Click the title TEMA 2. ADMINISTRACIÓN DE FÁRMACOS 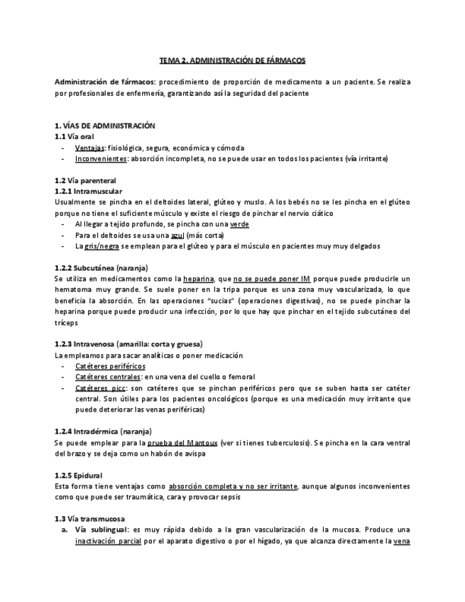click(x=232, y=62)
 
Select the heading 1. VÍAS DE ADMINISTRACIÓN click(x=104, y=125)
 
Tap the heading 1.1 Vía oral click(x=75, y=136)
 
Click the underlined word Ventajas click(x=89, y=148)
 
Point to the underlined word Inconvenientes click(x=101, y=158)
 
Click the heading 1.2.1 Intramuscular click(x=88, y=192)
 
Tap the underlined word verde click(x=240, y=224)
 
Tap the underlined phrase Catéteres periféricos click(x=106, y=366)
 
